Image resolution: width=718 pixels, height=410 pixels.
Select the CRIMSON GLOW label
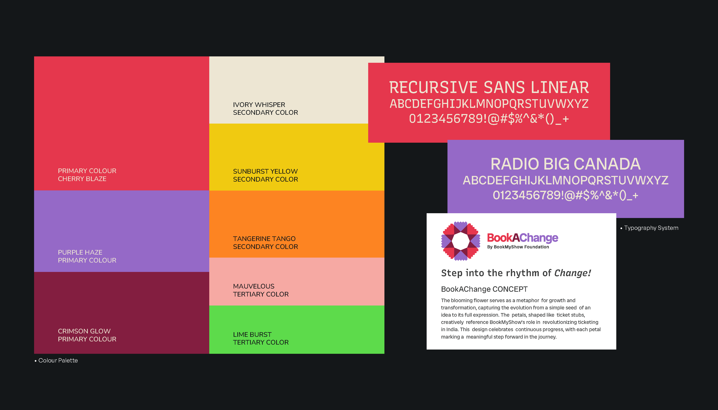84,331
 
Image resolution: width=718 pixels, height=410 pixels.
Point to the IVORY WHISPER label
259,105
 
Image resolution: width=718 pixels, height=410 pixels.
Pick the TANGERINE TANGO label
264,239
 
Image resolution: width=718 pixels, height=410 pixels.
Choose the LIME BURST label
252,335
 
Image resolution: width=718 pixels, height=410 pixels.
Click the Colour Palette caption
58,360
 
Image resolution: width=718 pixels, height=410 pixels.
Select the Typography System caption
651,228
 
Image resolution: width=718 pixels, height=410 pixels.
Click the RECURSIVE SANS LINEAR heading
489,88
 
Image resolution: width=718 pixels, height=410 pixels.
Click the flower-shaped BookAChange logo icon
460,241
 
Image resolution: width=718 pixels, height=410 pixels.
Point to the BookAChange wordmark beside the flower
522,238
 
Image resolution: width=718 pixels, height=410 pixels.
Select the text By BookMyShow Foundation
518,247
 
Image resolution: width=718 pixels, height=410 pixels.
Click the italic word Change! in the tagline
572,273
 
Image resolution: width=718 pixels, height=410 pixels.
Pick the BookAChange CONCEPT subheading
484,289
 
